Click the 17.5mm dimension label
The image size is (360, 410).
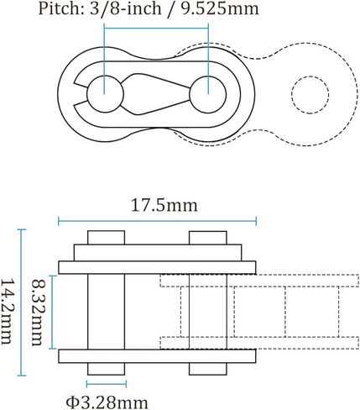[x=164, y=205]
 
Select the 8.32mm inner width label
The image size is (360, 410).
[x=37, y=313]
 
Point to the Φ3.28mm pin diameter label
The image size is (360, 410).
[x=107, y=402]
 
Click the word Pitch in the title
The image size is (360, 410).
[x=59, y=8]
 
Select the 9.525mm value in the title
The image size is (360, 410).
[x=220, y=8]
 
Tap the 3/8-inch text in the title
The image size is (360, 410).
[x=126, y=8]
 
